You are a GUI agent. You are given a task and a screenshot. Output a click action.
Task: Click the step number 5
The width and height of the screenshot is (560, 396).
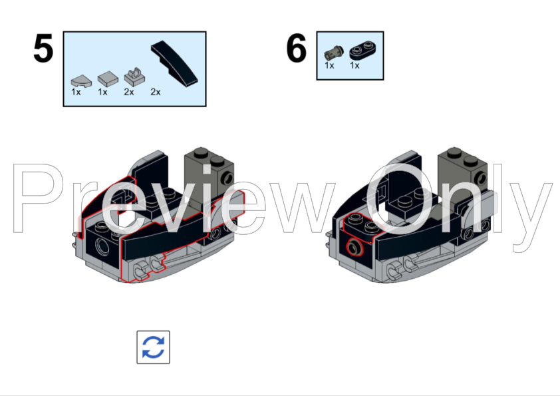[x=43, y=48]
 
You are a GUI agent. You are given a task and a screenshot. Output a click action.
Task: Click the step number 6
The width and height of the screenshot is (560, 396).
[x=297, y=48]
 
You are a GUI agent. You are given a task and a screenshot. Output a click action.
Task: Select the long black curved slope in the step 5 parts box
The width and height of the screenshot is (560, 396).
[x=174, y=64]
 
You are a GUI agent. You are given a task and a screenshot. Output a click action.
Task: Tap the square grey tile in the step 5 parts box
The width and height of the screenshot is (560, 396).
[x=108, y=79]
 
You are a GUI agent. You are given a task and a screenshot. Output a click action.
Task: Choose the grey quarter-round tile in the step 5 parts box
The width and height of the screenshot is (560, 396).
[x=81, y=81]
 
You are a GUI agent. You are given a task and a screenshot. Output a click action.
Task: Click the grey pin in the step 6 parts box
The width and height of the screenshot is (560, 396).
[x=334, y=53]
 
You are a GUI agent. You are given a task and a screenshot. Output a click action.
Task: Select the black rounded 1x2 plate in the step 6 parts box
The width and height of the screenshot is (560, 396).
[x=362, y=51]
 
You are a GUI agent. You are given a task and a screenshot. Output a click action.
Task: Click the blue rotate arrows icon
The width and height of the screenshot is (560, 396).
[x=153, y=347]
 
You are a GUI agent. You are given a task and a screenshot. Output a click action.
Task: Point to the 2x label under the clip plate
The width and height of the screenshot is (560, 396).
[x=129, y=93]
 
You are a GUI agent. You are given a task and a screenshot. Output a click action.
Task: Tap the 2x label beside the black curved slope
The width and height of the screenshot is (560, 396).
[x=156, y=93]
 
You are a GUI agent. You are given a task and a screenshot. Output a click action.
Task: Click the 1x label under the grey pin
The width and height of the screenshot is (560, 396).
[x=329, y=65]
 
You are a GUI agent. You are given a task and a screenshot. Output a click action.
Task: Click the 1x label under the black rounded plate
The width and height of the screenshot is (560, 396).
[x=354, y=65]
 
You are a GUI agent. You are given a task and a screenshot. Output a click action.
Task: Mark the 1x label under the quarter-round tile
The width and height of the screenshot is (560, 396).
[x=76, y=93]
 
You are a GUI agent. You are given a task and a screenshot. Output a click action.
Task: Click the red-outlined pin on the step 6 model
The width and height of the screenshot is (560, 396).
[x=354, y=248]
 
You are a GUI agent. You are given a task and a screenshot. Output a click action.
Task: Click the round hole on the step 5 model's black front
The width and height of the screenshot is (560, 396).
[x=103, y=247]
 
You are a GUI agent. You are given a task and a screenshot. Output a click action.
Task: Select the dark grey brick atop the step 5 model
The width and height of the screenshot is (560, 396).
[x=208, y=176]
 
